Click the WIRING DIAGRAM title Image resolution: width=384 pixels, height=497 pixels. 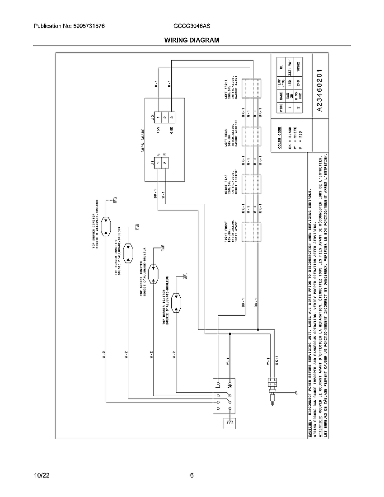click(x=192, y=40)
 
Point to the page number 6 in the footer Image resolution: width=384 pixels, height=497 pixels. click(x=192, y=475)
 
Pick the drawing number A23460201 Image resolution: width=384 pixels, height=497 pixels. click(x=319, y=91)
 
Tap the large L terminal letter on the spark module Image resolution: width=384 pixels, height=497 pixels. click(x=218, y=386)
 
